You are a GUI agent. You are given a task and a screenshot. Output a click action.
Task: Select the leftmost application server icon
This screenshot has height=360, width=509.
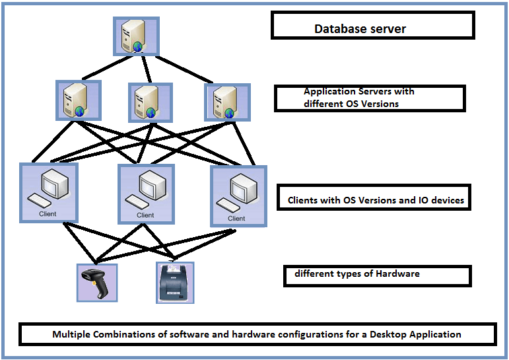[77, 100]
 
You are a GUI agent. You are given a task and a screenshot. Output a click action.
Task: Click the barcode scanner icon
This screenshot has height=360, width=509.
[96, 282]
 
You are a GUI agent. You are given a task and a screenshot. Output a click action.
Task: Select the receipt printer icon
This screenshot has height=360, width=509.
[175, 283]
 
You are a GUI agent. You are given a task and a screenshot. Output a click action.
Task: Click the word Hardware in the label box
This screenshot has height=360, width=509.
[398, 273]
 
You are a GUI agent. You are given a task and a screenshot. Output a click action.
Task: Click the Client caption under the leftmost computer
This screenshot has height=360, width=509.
[48, 213]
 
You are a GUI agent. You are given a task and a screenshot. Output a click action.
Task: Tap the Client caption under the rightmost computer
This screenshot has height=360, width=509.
[236, 218]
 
